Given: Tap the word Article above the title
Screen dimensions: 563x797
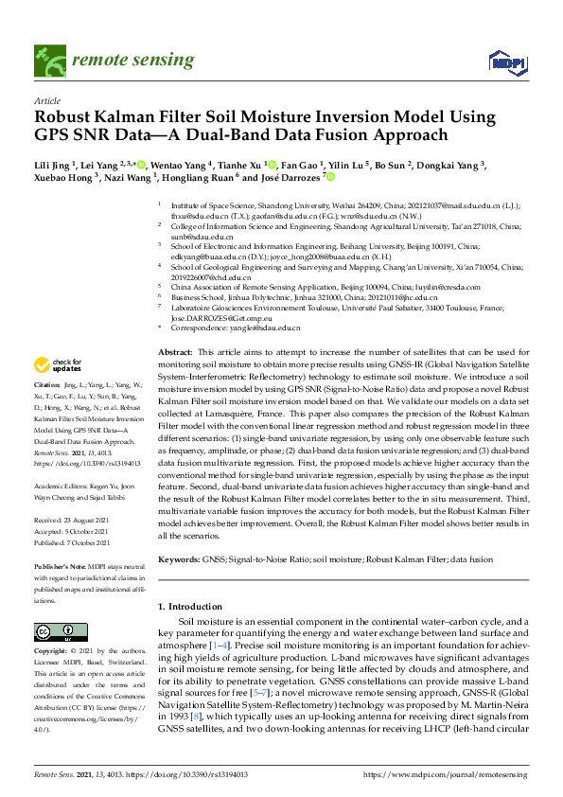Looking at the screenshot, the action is [x=46, y=100].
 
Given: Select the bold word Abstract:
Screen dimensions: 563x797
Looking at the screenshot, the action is [x=177, y=350].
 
